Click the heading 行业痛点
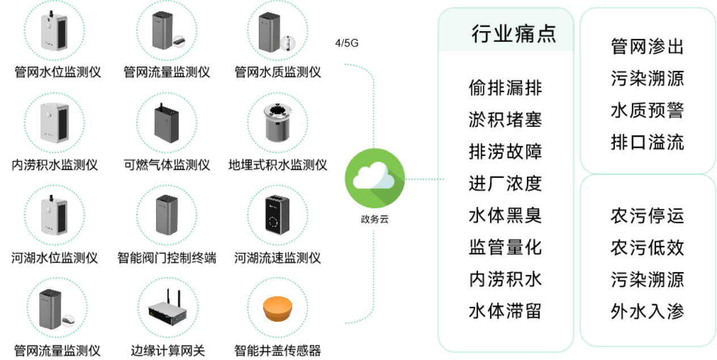point(513,34)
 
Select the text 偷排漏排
point(505,88)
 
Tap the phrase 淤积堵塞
point(505,120)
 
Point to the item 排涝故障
point(505,151)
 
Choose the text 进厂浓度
point(505,183)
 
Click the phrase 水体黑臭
point(505,215)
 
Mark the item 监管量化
point(505,247)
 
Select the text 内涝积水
point(505,279)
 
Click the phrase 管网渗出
point(647,46)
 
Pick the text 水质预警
point(647,110)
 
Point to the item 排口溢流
point(647,142)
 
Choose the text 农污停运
point(647,215)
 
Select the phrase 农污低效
point(647,248)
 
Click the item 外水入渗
point(647,311)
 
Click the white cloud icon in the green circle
point(374,177)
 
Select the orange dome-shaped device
point(277,308)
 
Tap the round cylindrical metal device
point(278,121)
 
